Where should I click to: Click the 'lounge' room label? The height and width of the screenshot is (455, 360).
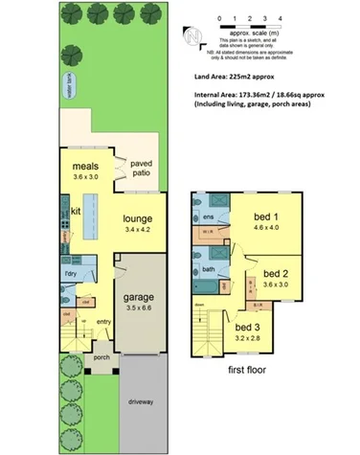click(138, 218)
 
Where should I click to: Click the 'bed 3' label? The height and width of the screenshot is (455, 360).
click(247, 327)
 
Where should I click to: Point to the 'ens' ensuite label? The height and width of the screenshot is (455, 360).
click(207, 218)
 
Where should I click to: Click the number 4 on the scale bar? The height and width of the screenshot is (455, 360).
click(279, 18)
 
